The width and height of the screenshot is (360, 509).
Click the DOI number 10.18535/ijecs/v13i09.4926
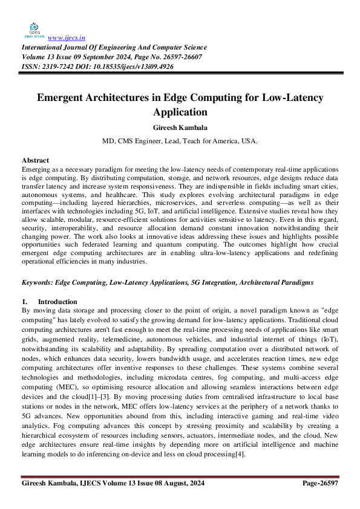(x=130, y=66)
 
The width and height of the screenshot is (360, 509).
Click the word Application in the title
(x=180, y=112)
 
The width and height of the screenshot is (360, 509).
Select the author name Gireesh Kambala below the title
(x=179, y=128)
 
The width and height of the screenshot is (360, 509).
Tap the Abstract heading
(x=35, y=160)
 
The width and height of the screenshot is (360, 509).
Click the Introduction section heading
(x=57, y=302)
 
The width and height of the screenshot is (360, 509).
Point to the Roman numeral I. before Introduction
(x=25, y=302)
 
